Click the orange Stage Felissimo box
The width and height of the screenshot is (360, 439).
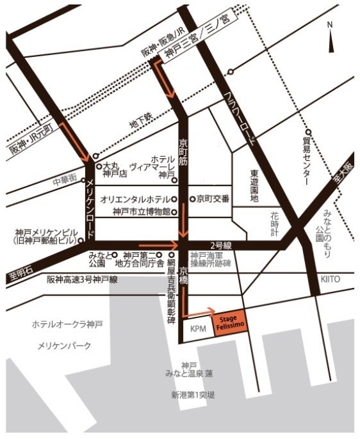pos(229,321)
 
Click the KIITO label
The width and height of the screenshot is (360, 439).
pos(331,279)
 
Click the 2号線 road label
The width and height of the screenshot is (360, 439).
pos(218,244)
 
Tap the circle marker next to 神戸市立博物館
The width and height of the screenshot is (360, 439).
pos(174,211)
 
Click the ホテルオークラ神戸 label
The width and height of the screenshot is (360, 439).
pos(67,324)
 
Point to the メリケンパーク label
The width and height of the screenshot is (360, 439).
pos(65,346)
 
